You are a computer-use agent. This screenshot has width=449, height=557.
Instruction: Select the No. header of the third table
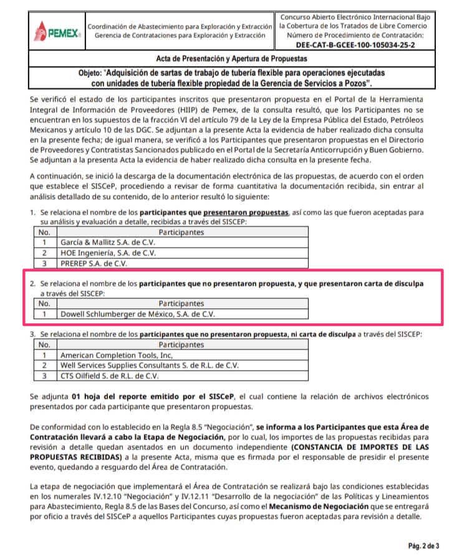pyautogui.click(x=44, y=344)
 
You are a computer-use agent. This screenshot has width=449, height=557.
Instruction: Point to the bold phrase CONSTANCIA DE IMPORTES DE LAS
pyautogui.click(x=347, y=447)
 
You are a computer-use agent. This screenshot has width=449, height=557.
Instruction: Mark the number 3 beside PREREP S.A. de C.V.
pyautogui.click(x=44, y=264)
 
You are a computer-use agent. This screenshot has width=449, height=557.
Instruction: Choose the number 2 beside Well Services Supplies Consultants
pyautogui.click(x=44, y=365)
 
